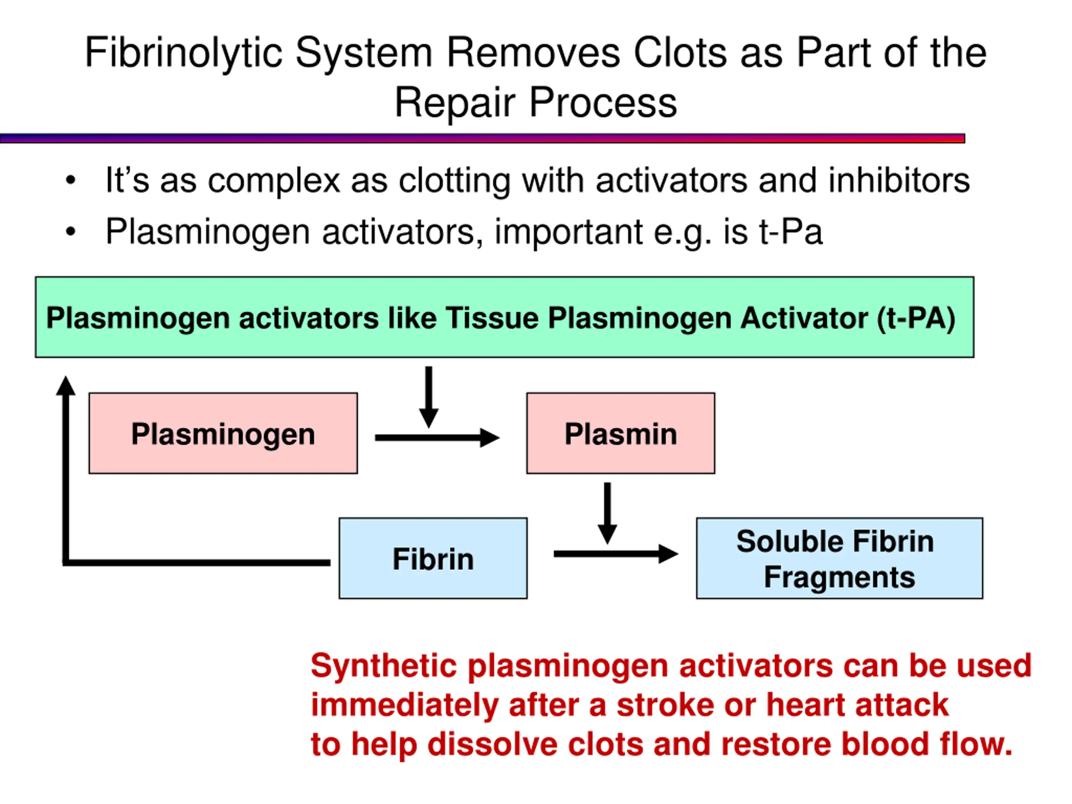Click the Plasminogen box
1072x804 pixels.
(x=223, y=433)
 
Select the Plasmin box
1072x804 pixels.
(x=620, y=433)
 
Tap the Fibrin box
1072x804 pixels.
(x=433, y=558)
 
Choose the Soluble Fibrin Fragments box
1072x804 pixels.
(x=839, y=558)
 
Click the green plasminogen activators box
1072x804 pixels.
(x=505, y=317)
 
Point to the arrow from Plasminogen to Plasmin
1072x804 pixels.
(x=437, y=438)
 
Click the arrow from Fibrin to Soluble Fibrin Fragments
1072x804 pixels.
(x=616, y=554)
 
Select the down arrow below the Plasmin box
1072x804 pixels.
(x=607, y=513)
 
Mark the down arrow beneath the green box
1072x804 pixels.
(x=429, y=397)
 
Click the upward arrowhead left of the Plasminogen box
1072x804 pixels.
(x=66, y=386)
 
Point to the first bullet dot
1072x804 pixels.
(x=71, y=180)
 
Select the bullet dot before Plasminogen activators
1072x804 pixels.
(x=71, y=232)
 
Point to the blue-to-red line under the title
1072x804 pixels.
(x=482, y=139)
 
